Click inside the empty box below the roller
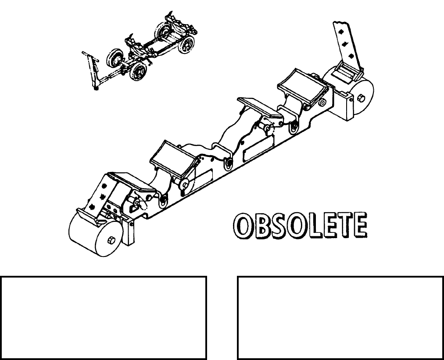(x=104, y=317)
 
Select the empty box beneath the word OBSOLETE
(x=340, y=317)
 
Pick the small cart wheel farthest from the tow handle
(x=189, y=44)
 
